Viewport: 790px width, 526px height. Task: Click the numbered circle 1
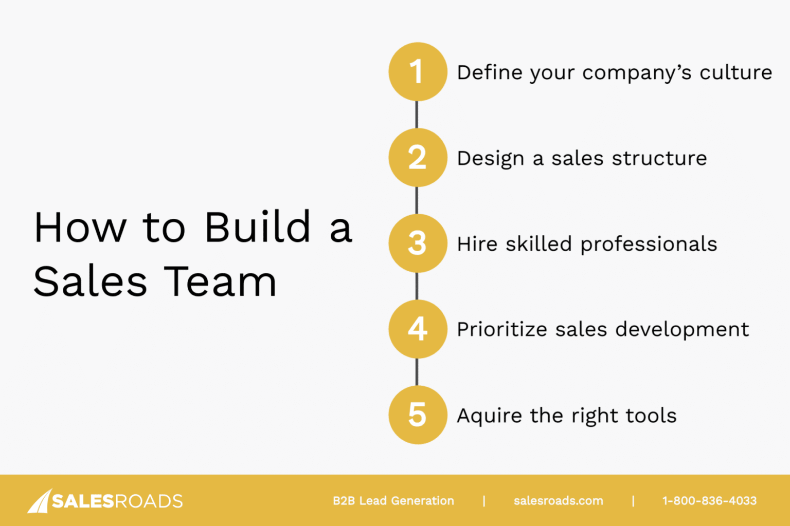pyautogui.click(x=417, y=71)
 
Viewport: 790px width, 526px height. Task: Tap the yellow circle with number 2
pyautogui.click(x=417, y=157)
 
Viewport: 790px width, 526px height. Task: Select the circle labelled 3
pyautogui.click(x=417, y=243)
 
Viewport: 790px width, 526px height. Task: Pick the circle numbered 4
pyautogui.click(x=417, y=329)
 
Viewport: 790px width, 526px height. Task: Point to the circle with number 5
pyautogui.click(x=417, y=415)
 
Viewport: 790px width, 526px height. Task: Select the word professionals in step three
pyautogui.click(x=649, y=245)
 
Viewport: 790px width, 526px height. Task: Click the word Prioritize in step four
pyautogui.click(x=502, y=330)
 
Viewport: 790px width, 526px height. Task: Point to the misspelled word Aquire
pyautogui.click(x=489, y=416)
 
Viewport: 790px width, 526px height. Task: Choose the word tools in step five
pyautogui.click(x=651, y=415)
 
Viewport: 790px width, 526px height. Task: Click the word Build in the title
pyautogui.click(x=258, y=227)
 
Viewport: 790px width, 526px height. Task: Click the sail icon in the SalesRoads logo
pyautogui.click(x=40, y=501)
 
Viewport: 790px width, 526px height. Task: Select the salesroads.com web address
pyautogui.click(x=558, y=501)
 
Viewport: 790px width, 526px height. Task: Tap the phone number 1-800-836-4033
pyautogui.click(x=709, y=501)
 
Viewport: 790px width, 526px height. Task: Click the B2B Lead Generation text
pyautogui.click(x=393, y=501)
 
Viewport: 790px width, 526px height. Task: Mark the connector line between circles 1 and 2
pyautogui.click(x=417, y=115)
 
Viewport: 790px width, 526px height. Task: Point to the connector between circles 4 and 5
pyautogui.click(x=417, y=372)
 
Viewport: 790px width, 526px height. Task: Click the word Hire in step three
pyautogui.click(x=477, y=244)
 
